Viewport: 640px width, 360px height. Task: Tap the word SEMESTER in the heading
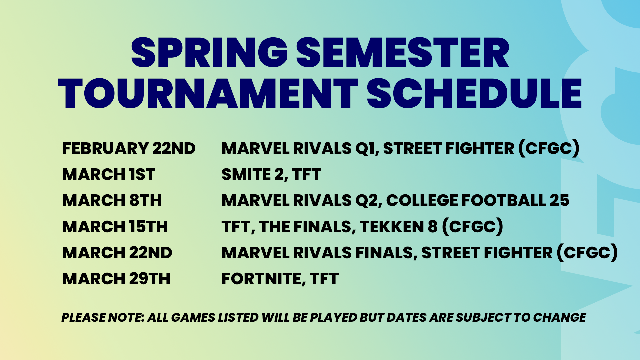(403, 53)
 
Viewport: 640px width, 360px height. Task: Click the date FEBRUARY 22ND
(129, 149)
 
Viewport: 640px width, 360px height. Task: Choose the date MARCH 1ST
(109, 175)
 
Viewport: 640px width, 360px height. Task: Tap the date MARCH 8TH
(112, 201)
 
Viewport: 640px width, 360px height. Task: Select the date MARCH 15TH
(115, 227)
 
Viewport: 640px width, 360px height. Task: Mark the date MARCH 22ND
(117, 253)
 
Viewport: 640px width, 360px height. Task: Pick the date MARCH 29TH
(116, 279)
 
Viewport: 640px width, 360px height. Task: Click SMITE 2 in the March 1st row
(252, 175)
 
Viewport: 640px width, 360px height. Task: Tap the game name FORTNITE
(261, 279)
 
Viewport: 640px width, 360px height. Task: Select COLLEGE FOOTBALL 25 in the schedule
(478, 201)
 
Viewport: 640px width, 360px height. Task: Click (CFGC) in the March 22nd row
(587, 253)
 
